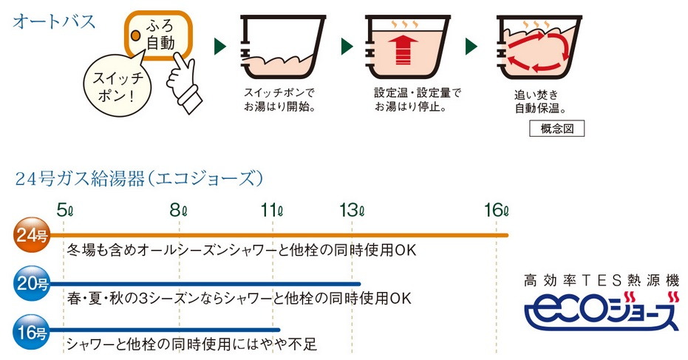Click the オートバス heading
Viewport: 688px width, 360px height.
point(53,21)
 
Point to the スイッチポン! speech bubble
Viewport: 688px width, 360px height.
point(117,85)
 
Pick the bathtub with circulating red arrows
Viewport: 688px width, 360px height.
point(539,47)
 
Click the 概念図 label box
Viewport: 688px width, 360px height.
point(556,129)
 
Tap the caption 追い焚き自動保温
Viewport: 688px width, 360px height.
point(539,101)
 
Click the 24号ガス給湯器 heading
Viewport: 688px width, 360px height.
point(139,179)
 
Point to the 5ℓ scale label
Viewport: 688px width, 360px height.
point(64,210)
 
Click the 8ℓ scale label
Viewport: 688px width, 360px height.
point(179,210)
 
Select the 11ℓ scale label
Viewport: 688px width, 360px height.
point(272,210)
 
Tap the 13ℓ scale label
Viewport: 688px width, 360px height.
point(352,210)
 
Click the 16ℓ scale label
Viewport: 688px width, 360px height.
point(497,210)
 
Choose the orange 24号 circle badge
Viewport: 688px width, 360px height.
point(32,235)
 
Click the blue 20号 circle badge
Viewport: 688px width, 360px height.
point(32,283)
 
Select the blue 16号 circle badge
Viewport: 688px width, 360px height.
point(32,331)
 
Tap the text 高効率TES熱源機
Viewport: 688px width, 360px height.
point(602,279)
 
